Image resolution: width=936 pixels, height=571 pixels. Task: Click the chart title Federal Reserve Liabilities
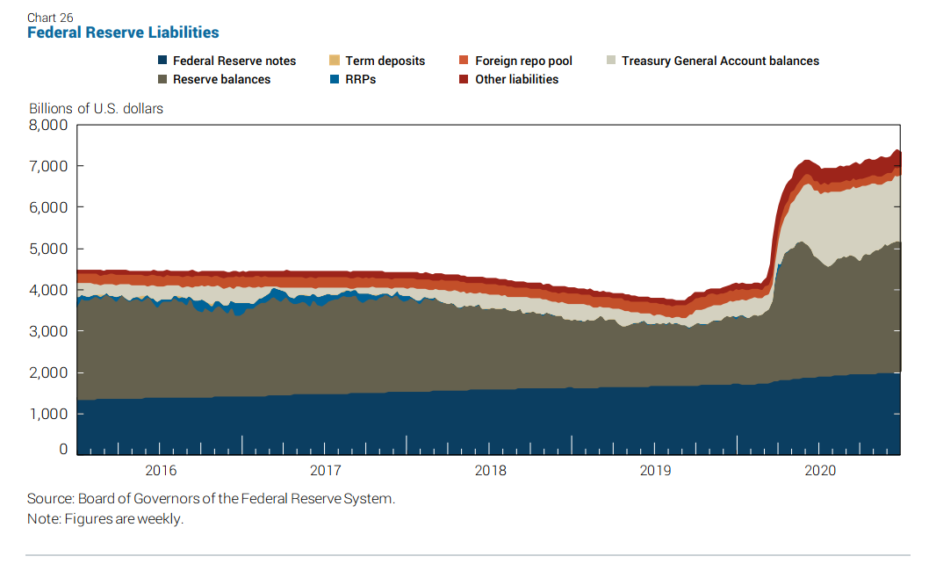tap(123, 33)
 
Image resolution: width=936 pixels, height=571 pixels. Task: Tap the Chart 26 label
tap(50, 18)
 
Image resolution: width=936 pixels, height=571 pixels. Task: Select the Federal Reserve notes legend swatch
tap(162, 61)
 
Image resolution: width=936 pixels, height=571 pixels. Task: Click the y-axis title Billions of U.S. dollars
tap(96, 109)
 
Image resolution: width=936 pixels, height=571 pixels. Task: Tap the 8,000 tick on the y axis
tap(48, 125)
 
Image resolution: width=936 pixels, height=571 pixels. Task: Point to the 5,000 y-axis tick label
tap(48, 249)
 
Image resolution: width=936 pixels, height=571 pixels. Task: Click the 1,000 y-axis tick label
tap(48, 414)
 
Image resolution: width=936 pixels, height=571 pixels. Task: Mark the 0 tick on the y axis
tap(63, 450)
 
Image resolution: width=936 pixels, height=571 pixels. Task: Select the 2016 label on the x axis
tap(161, 471)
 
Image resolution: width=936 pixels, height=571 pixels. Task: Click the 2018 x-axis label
tap(490, 471)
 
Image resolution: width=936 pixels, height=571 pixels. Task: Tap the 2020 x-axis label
tap(819, 471)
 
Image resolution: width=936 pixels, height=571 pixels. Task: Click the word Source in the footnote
tap(49, 499)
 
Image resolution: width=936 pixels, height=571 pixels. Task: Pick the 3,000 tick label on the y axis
tap(48, 331)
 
